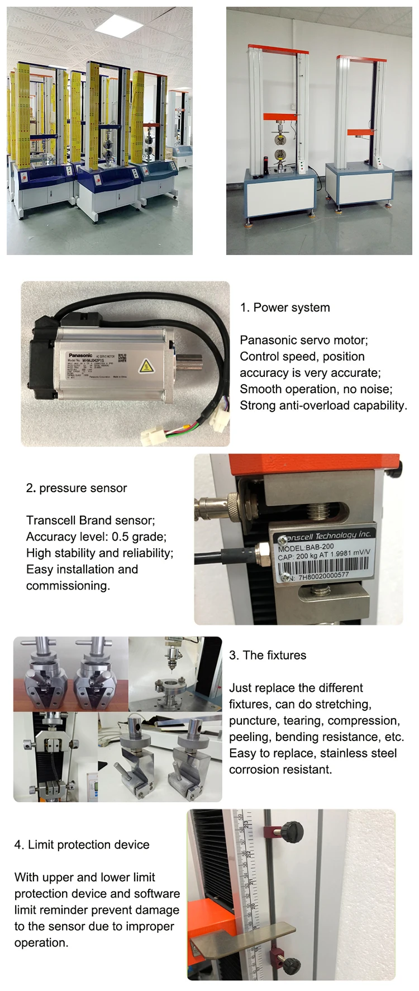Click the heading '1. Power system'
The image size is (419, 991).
pos(285,308)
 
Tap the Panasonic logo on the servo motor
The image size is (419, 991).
pos(80,355)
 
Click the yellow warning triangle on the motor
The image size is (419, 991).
pos(146,366)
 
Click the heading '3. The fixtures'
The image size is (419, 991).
pos(268,655)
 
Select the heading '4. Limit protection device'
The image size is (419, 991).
pos(82,845)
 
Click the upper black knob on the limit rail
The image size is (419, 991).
pos(292,829)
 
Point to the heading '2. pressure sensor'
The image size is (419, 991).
pos(77,488)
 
